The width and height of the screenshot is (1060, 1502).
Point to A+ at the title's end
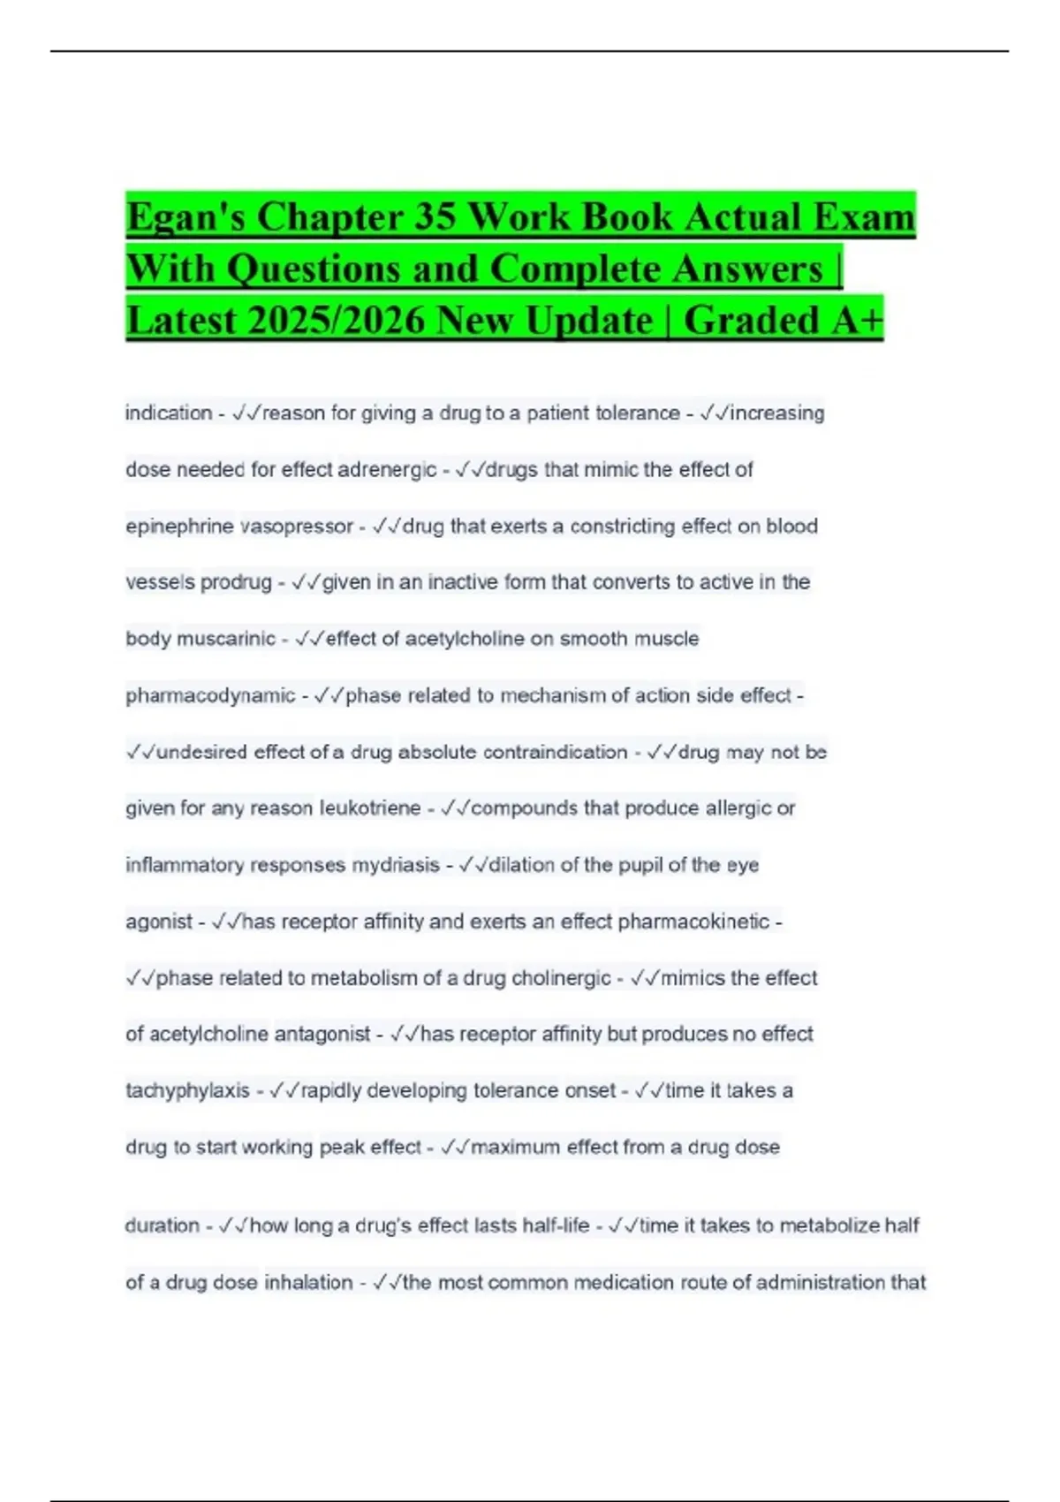(x=856, y=321)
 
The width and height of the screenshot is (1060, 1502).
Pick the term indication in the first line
(x=169, y=413)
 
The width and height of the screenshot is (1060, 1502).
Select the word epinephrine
(x=179, y=527)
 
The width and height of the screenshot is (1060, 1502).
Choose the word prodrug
(x=236, y=582)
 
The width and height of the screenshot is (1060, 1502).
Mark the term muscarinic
(x=226, y=639)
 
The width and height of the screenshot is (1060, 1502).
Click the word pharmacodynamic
(x=210, y=696)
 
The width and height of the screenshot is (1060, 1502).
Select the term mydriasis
(x=396, y=865)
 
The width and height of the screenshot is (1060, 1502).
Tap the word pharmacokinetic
(x=693, y=922)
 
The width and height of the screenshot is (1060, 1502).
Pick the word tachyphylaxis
(x=187, y=1091)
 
